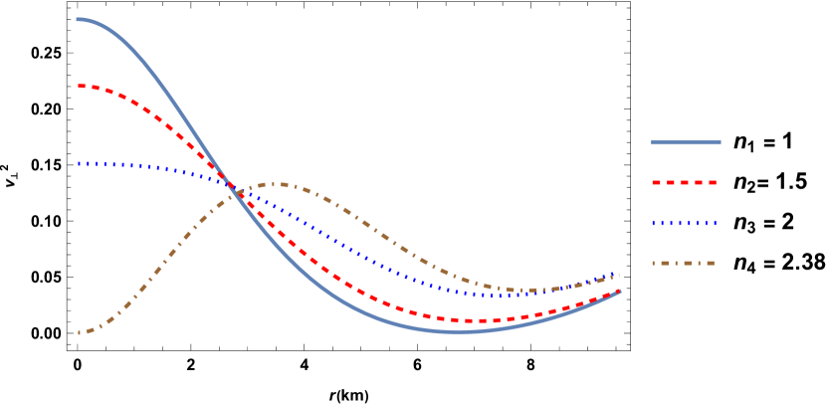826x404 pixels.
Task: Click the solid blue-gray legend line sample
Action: pos(686,142)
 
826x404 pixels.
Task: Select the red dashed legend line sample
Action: pos(685,183)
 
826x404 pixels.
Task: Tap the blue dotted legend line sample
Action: pos(685,223)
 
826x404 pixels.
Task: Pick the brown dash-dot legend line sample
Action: pos(685,264)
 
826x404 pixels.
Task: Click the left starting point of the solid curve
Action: pos(78,19)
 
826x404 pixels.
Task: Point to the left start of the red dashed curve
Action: pos(79,86)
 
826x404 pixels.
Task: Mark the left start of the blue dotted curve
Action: pos(79,163)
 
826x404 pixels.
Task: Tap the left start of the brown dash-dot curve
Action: pos(79,333)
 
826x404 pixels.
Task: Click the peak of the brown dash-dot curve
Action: pos(280,184)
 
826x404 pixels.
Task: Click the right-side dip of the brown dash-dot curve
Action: pos(532,291)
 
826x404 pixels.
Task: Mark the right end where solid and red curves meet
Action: pos(619,292)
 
